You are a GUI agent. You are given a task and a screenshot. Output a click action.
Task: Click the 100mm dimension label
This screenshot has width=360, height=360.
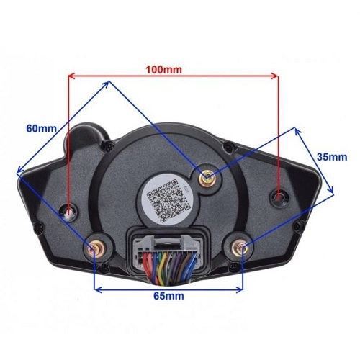click(x=164, y=70)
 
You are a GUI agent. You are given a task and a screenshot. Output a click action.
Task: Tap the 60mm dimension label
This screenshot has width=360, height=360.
click(x=41, y=128)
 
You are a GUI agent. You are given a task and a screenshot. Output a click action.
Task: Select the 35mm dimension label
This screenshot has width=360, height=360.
click(x=332, y=157)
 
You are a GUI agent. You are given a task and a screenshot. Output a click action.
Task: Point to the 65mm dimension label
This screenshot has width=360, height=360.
click(x=168, y=296)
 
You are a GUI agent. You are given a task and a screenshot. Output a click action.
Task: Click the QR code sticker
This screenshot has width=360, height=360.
click(x=168, y=199)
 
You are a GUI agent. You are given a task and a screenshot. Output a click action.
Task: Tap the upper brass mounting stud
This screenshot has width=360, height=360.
click(x=207, y=178)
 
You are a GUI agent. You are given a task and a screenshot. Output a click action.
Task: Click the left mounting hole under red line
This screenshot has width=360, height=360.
click(x=68, y=212)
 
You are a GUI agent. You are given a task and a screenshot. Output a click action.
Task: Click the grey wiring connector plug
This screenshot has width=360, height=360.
click(x=166, y=250)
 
